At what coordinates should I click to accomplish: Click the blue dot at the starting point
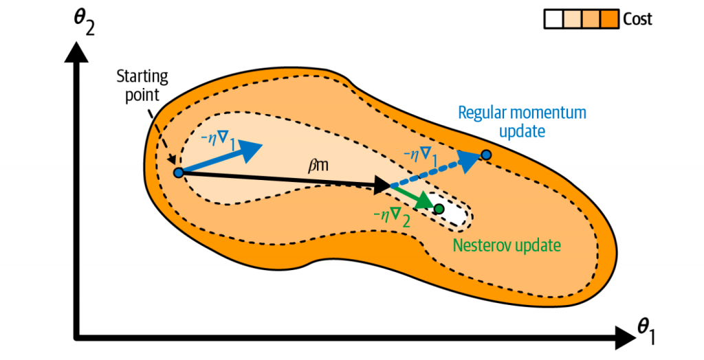coord(178,172)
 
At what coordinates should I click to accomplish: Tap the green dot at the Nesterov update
coord(439,208)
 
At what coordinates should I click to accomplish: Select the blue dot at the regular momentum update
coord(486,155)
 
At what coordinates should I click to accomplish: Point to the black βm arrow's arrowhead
coord(382,184)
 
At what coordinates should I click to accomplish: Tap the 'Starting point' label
coord(142,85)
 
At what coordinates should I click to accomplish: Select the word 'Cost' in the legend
coord(637,19)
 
